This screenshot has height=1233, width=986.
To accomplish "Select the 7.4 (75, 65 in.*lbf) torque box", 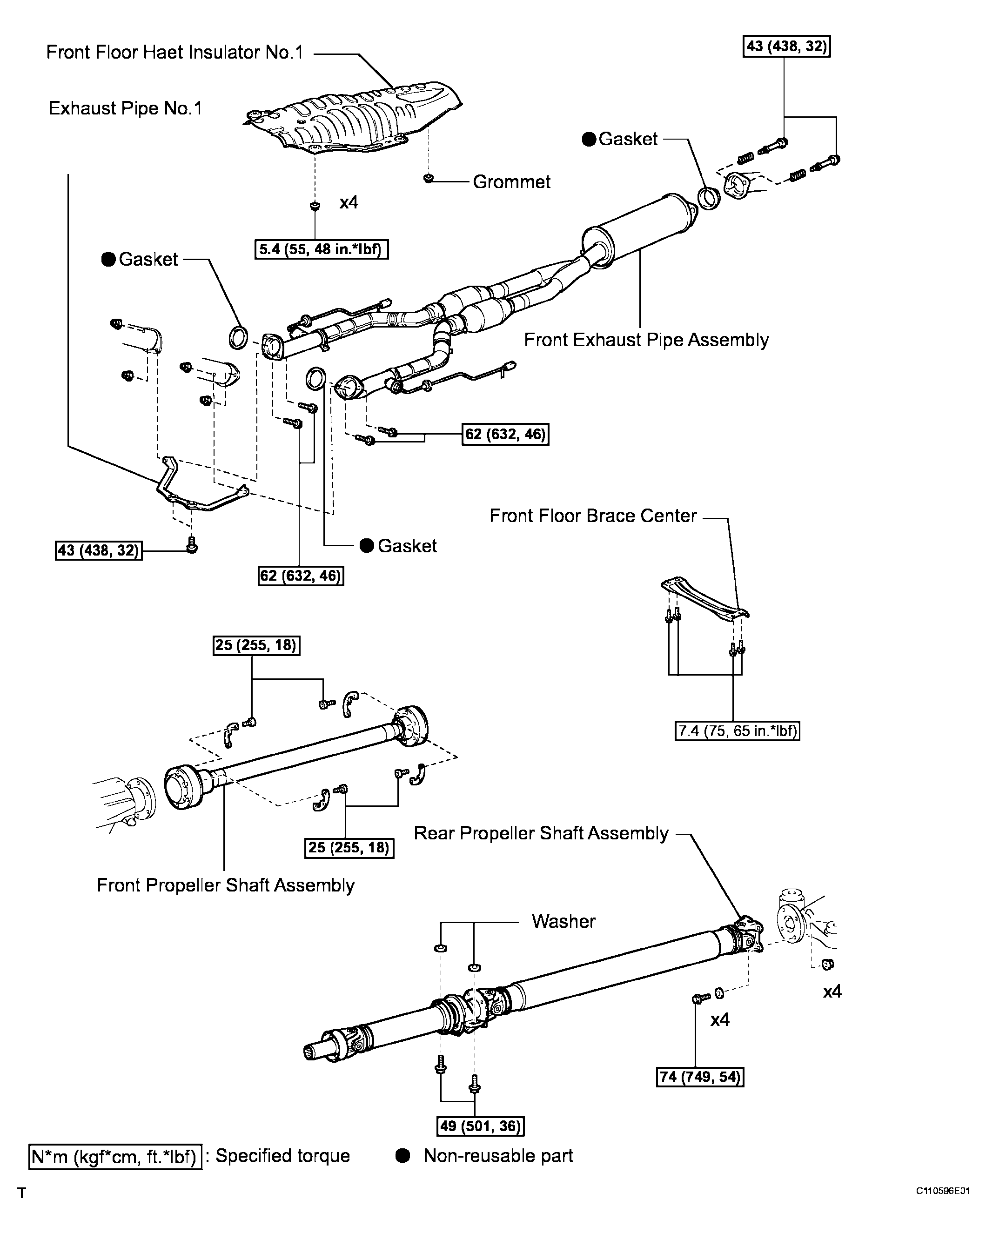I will (737, 731).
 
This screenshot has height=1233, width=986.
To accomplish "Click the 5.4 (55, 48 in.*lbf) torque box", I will (321, 250).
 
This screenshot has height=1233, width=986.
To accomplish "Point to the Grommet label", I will (511, 182).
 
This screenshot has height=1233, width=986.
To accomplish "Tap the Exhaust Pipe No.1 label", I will (125, 109).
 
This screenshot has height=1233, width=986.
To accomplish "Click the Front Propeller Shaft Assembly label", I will (225, 885).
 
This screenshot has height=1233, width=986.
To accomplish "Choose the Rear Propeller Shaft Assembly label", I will (541, 833).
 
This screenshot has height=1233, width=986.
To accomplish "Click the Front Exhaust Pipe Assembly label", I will (646, 340).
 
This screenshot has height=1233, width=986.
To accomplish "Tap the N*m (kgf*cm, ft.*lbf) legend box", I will (115, 1156).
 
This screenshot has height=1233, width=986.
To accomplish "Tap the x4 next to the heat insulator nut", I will (349, 202).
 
